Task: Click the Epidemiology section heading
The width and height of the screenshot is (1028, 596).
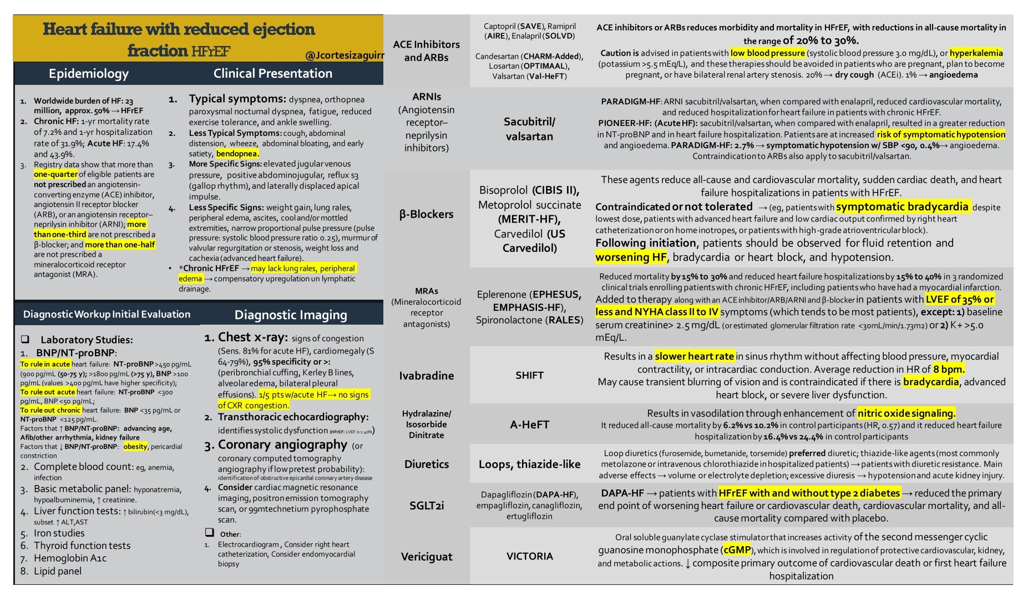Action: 89,74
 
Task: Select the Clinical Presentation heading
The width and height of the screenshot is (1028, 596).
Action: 273,73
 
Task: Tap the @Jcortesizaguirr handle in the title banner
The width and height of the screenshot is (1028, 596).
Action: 344,55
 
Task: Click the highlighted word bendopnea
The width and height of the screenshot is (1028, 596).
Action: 237,154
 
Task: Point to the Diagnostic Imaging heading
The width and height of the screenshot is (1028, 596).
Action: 291,315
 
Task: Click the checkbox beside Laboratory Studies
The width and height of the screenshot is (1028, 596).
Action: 25,339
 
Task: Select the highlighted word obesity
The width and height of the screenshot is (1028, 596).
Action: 135,446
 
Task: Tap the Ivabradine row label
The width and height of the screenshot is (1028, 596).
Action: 427,376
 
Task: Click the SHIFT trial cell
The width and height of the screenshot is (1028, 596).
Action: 529,375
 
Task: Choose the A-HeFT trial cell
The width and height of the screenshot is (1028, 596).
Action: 529,425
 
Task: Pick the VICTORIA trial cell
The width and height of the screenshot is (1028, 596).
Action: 529,556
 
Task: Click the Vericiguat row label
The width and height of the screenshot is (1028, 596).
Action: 427,557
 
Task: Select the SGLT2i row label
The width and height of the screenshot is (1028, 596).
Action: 427,506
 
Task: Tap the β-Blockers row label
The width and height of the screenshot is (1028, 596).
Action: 427,214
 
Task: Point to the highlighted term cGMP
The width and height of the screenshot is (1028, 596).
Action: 737,550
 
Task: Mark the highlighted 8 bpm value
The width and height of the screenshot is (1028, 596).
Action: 949,369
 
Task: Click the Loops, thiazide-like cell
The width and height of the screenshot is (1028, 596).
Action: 529,464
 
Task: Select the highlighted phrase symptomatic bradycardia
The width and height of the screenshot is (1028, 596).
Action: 902,207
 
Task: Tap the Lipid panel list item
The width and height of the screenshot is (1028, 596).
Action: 58,571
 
